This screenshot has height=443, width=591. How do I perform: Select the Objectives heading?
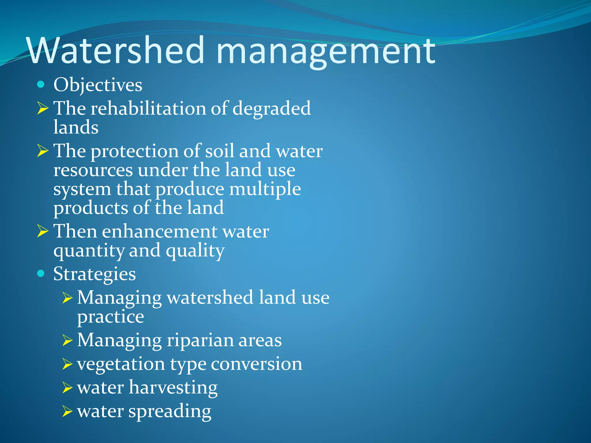click(98, 85)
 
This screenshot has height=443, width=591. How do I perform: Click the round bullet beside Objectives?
click(41, 84)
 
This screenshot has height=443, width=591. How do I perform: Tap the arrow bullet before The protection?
click(43, 151)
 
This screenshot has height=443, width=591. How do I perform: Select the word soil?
click(219, 151)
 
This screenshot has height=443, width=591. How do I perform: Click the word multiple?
click(265, 189)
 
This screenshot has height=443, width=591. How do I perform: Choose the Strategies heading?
click(94, 274)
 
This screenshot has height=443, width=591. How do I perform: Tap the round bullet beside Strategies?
click(41, 273)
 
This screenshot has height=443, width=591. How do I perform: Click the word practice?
click(111, 317)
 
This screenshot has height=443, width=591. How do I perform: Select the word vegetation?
click(121, 364)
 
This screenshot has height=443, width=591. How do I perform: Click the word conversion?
click(257, 364)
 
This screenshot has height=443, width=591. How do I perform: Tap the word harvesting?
click(173, 388)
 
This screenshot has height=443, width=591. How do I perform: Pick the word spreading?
click(170, 412)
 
